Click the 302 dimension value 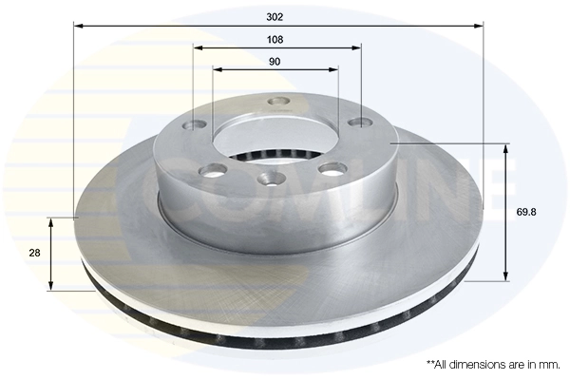click(276, 16)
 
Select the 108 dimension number click(276, 40)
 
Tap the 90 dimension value click(275, 62)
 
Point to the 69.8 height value click(527, 213)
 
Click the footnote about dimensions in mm click(493, 364)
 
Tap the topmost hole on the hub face click(278, 102)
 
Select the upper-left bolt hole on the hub click(198, 124)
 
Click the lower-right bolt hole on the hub click(332, 169)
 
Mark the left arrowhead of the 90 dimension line click(216, 69)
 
